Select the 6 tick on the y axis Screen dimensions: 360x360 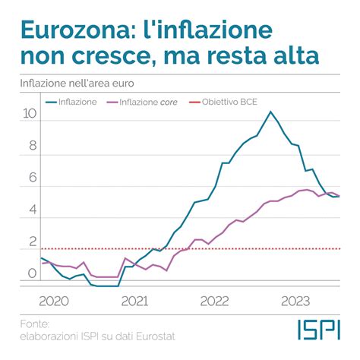point(32,178)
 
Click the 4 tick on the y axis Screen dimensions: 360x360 point(32,210)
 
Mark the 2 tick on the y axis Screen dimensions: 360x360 point(32,242)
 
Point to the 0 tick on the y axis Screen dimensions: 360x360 point(32,273)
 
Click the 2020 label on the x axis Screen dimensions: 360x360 point(53,300)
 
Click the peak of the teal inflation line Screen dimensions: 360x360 point(270,112)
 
